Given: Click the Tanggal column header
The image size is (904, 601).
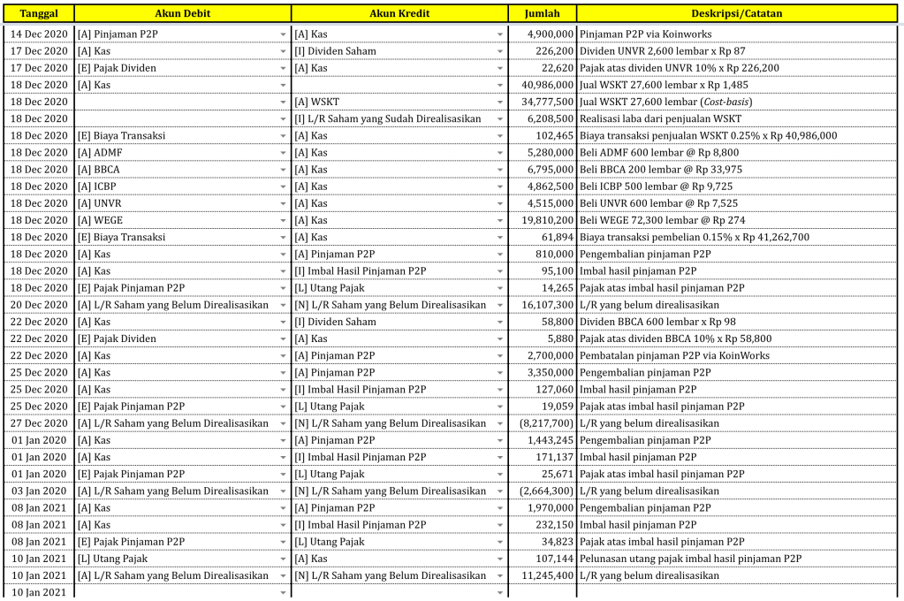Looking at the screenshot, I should pos(37,13).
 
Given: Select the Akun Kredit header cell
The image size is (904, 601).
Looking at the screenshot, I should pos(399,13).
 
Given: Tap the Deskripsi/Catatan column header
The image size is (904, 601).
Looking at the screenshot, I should pos(736,13).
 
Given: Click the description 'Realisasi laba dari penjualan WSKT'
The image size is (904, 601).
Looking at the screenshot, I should pos(660,118).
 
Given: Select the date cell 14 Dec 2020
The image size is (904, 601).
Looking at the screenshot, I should pos(39,34).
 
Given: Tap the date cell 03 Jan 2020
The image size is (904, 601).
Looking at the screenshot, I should pos(39,491).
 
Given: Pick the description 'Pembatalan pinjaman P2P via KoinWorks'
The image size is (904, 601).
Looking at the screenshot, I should pos(674,355).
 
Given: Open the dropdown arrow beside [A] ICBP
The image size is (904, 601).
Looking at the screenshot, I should pos(284,186).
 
